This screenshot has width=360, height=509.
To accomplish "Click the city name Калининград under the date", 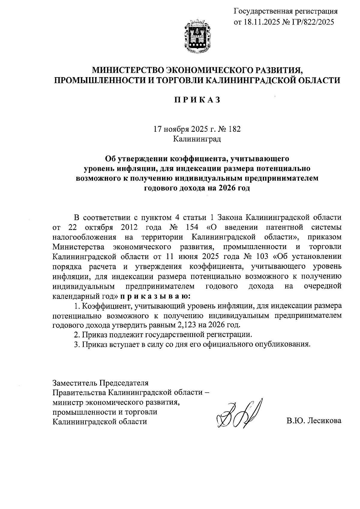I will [x=197, y=139].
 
